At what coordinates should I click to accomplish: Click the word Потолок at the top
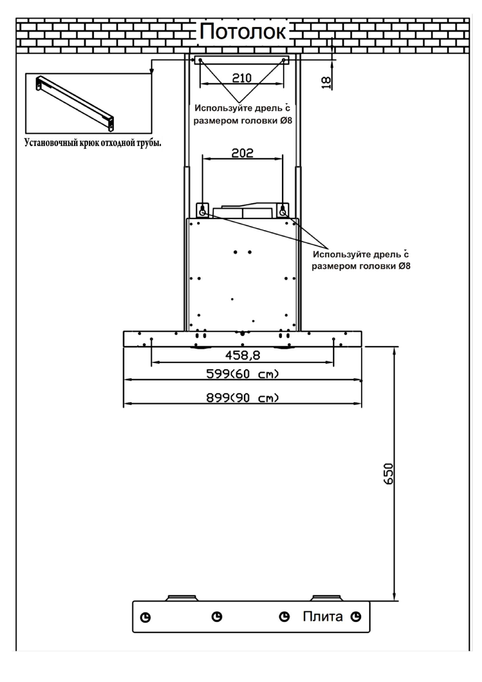243,32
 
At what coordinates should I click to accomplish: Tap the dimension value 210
242,78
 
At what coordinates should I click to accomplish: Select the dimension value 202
242,153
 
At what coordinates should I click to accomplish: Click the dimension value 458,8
242,355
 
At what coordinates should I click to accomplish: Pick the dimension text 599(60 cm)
242,374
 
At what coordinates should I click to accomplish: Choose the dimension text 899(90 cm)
242,398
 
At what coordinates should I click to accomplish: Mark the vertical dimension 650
388,473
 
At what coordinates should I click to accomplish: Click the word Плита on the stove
323,617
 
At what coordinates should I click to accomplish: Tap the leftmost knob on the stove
146,618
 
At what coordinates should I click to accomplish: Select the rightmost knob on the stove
356,617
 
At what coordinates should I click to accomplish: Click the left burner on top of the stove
182,598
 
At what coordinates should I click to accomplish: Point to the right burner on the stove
327,598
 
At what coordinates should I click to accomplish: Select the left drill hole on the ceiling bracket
200,60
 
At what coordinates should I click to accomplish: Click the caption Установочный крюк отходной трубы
93,143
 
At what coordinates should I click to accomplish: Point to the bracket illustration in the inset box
75,103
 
